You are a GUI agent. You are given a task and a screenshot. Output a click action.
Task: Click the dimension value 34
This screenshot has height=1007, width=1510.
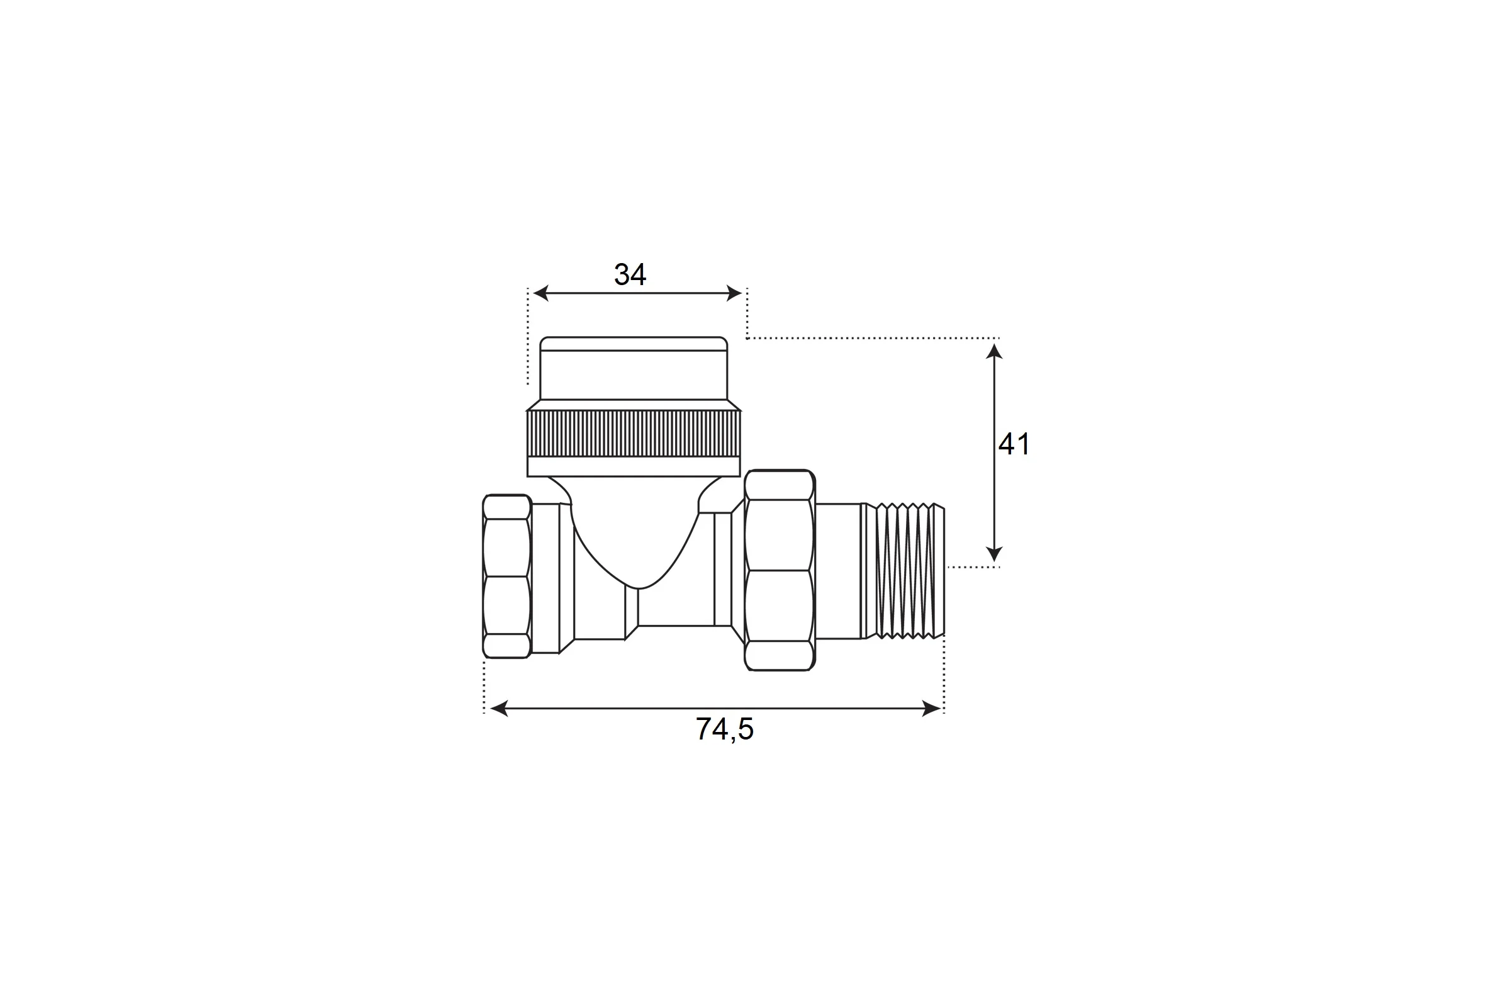(630, 275)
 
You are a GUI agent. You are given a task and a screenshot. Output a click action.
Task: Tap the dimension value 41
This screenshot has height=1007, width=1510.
(1014, 444)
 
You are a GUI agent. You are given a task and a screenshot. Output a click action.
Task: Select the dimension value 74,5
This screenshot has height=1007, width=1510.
(724, 729)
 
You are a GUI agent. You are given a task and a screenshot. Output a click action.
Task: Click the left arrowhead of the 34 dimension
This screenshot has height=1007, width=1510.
(540, 293)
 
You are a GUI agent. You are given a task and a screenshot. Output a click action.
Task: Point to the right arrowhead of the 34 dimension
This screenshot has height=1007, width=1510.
(734, 293)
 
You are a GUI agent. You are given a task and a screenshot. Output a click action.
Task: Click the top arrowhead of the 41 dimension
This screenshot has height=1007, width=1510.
(995, 351)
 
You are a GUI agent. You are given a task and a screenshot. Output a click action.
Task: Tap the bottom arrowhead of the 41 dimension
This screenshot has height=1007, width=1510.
(995, 554)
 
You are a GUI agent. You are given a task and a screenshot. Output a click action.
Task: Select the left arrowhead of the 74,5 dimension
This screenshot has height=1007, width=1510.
(499, 709)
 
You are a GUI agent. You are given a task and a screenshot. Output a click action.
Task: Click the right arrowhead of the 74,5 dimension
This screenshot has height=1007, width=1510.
(932, 709)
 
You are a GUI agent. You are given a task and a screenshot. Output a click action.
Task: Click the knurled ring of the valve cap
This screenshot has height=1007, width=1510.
(634, 434)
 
